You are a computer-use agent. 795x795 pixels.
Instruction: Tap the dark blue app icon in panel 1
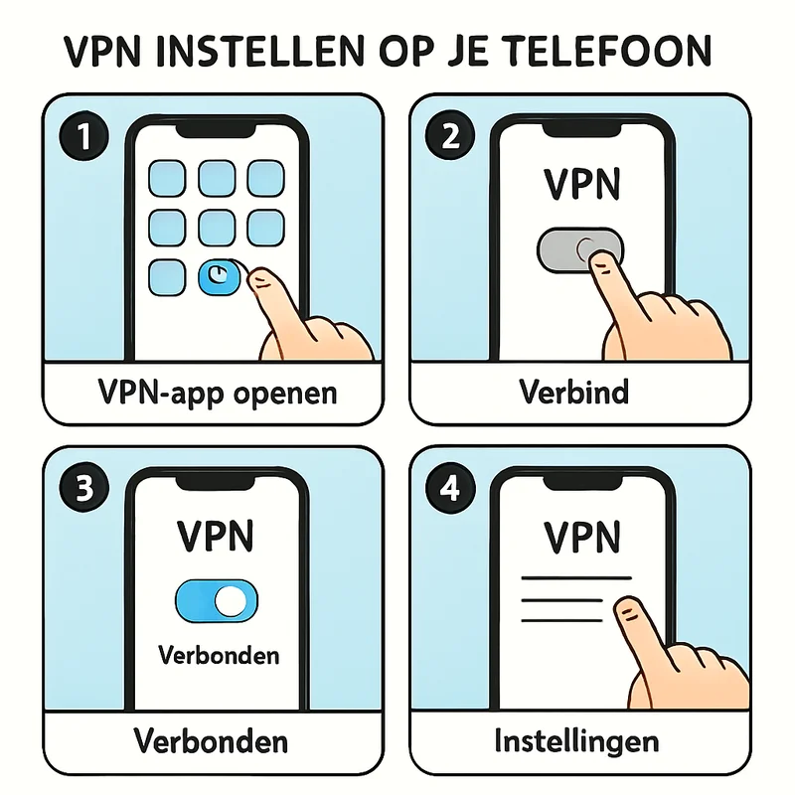click(218, 278)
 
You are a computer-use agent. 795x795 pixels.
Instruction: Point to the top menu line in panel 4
click(577, 578)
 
